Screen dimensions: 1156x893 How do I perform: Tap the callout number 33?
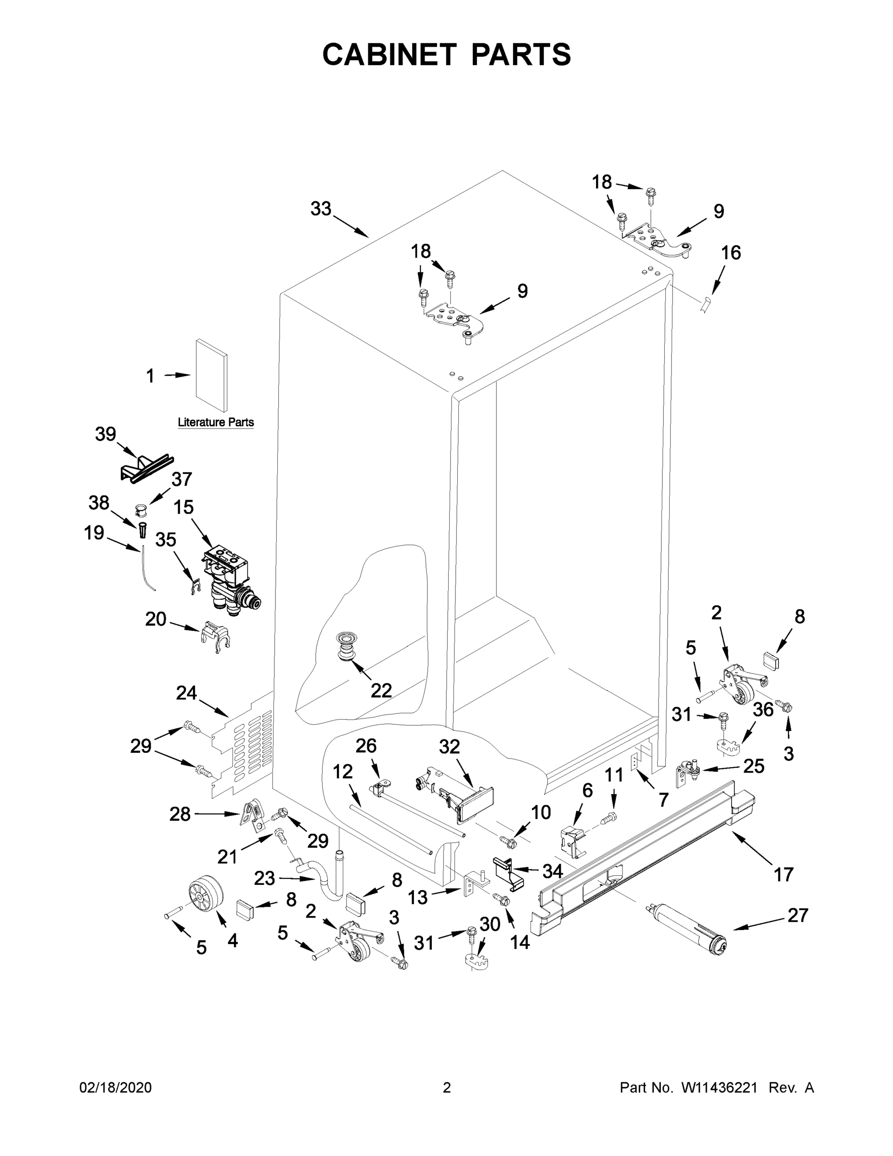321,209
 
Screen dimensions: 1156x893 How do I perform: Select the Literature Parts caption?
215,422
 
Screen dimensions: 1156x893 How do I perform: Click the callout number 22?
381,690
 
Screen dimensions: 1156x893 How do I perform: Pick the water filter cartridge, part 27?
686,927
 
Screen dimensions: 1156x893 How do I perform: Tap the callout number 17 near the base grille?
784,874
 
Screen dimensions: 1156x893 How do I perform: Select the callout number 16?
731,253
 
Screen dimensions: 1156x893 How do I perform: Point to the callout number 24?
186,693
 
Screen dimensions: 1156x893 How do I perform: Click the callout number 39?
105,434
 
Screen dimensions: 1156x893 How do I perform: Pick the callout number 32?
449,747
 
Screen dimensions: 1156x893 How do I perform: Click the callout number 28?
180,814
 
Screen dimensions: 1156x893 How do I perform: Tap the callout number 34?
552,871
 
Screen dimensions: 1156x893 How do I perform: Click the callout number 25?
754,766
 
